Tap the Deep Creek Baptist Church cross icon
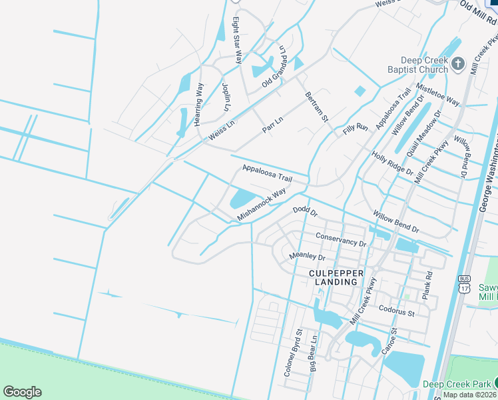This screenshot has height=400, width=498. click(457, 64)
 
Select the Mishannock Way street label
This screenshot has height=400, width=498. click(262, 204)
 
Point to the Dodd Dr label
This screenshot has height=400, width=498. click(306, 211)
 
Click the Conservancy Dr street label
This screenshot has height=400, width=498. click(341, 239)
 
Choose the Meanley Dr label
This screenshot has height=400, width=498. click(307, 256)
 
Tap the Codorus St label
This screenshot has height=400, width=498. click(396, 311)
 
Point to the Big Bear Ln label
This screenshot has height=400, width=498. click(313, 353)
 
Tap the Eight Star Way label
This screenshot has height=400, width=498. click(236, 32)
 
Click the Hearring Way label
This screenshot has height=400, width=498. click(198, 104)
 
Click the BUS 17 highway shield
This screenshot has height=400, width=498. click(464, 283)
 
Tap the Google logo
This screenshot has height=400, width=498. click(22, 392)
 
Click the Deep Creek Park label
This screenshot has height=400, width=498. click(456, 384)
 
